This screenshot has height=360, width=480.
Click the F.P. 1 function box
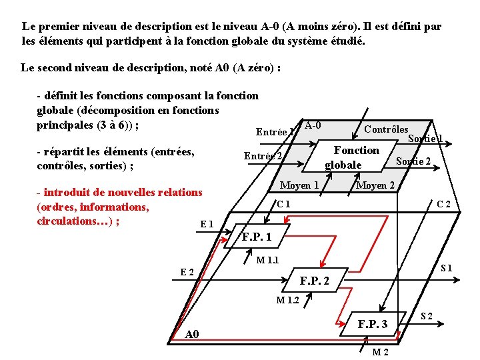[x=257, y=237]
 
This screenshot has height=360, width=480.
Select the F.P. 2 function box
[x=314, y=281]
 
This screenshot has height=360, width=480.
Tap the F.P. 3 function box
[x=372, y=325]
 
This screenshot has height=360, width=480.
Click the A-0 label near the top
[x=312, y=126]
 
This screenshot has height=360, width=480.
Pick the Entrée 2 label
[x=263, y=156]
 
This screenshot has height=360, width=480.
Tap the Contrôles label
[x=386, y=129]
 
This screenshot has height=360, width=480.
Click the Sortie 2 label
[x=413, y=161]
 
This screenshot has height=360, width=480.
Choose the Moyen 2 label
[x=375, y=185]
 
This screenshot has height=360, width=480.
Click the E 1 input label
[x=207, y=225]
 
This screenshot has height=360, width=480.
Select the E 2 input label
[x=187, y=271]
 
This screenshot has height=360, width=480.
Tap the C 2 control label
[x=444, y=204]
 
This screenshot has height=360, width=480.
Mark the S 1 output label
[x=446, y=268]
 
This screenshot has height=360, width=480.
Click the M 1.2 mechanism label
[x=288, y=300]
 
